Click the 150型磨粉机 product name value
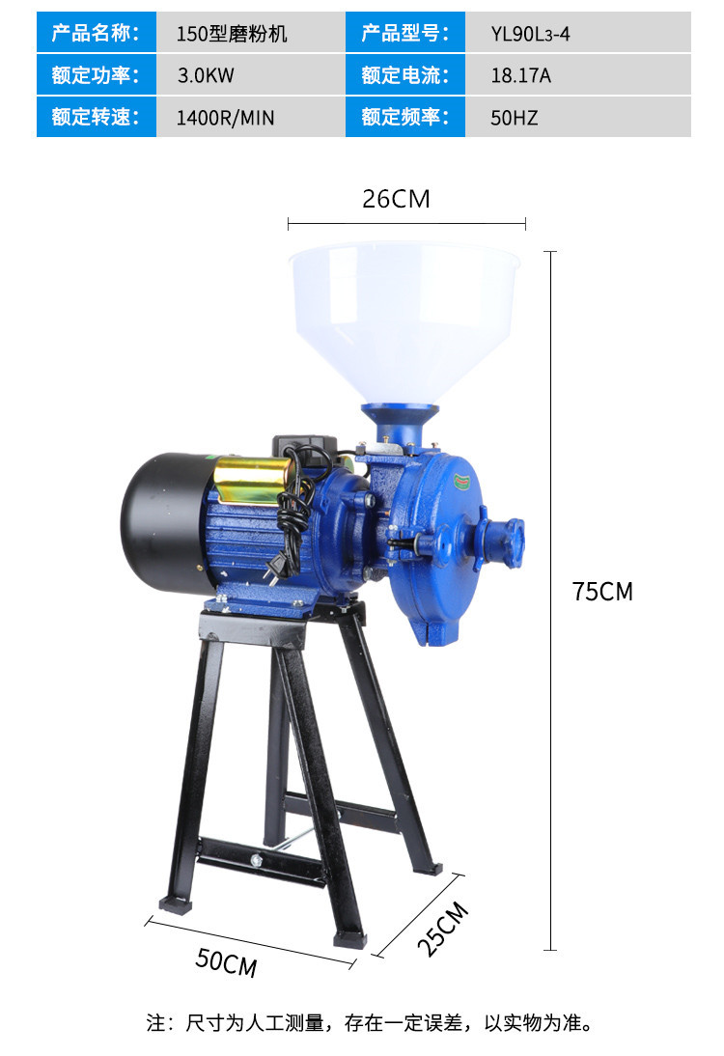click(232, 34)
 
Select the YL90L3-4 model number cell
click(530, 34)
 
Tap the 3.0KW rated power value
click(206, 75)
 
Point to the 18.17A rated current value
click(520, 75)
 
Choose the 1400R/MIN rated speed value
click(225, 118)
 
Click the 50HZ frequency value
click(514, 118)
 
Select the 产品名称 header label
click(96, 32)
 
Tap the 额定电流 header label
click(404, 74)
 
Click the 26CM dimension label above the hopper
click(396, 199)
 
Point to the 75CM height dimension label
click(602, 592)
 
